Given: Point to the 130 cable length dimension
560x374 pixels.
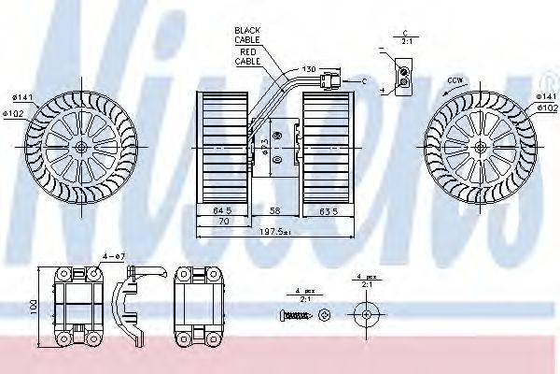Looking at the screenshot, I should pos(308,68).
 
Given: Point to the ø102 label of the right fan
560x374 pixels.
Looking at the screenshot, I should pos(546,108).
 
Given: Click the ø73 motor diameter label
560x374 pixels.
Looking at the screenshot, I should pos(263,148).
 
